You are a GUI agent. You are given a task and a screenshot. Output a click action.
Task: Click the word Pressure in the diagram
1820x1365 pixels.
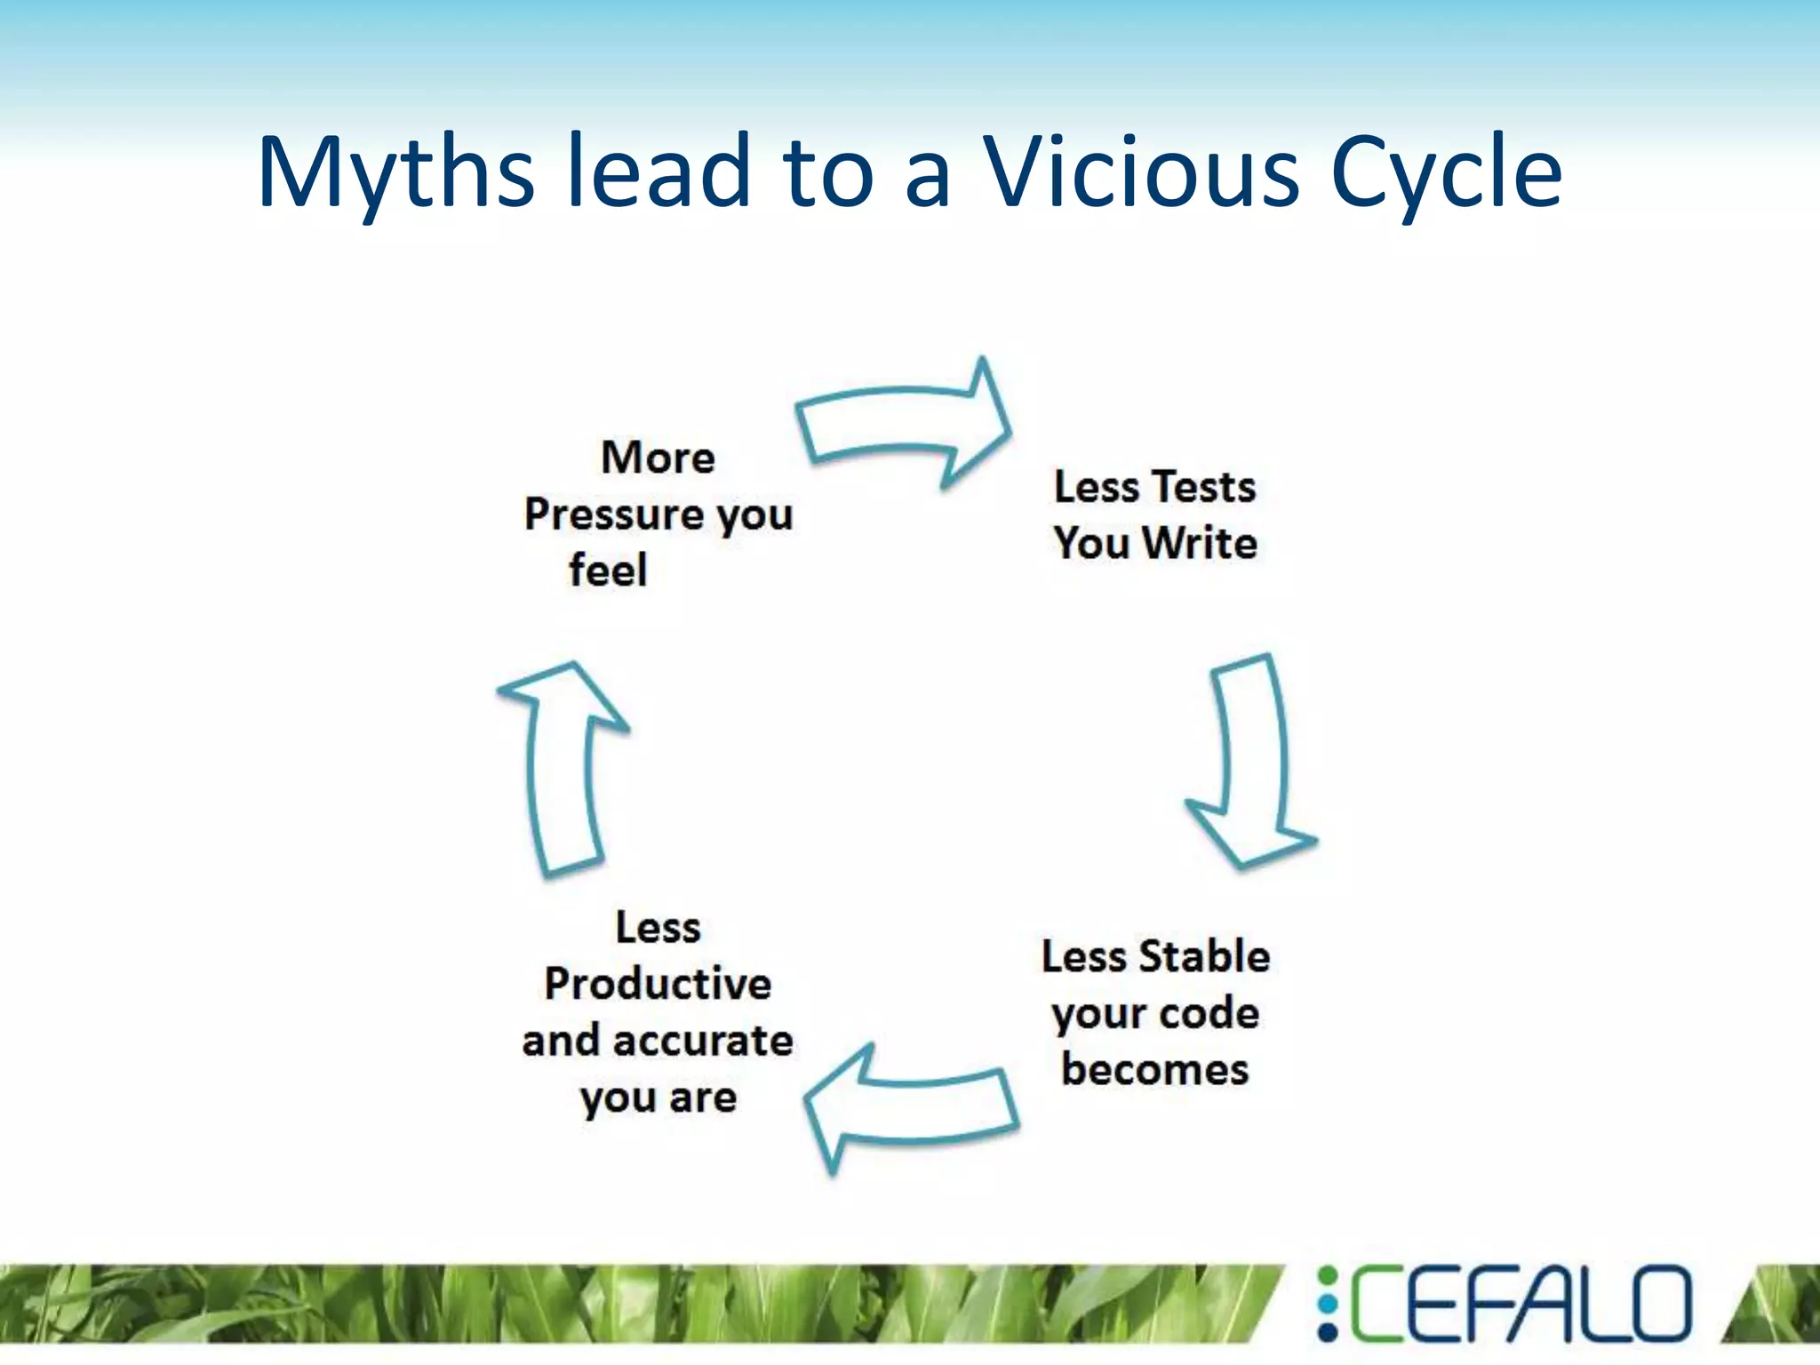tap(613, 515)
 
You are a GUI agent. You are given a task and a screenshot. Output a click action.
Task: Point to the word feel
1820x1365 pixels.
tap(608, 571)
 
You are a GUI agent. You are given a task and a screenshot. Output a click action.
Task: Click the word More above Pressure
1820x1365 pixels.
tap(658, 459)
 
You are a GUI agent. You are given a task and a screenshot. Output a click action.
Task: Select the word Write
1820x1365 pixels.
tap(1199, 543)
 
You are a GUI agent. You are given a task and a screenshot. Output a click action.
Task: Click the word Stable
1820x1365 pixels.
tap(1204, 957)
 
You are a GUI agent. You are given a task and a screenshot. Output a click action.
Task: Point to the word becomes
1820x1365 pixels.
tap(1154, 1070)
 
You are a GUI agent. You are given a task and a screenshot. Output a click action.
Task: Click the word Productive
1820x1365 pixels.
tap(658, 984)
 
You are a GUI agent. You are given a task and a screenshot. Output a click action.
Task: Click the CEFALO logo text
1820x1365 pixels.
tap(1520, 1304)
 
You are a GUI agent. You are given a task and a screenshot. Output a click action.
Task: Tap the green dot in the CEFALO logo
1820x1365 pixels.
tap(1328, 1277)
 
